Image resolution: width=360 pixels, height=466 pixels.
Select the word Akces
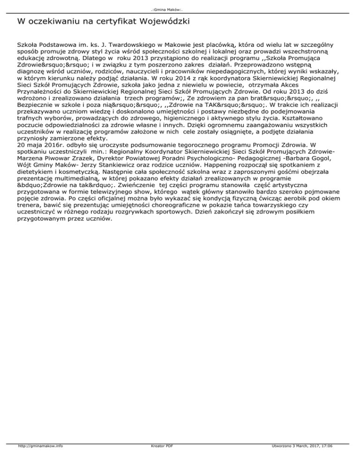point(335,86)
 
